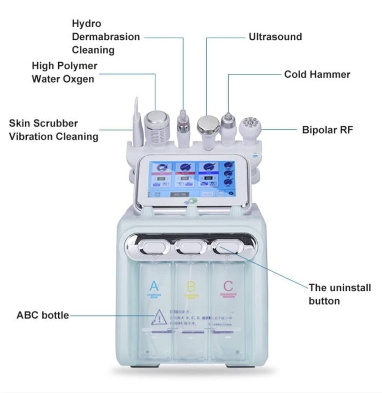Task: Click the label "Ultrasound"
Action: pyautogui.click(x=275, y=37)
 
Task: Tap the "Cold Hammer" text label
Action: pyautogui.click(x=317, y=74)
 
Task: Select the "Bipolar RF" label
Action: pyautogui.click(x=327, y=129)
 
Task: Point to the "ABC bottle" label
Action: pyautogui.click(x=43, y=315)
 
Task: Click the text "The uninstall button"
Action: pyautogui.click(x=339, y=294)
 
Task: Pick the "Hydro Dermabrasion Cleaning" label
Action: pyautogui.click(x=105, y=37)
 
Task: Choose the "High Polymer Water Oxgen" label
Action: pyautogui.click(x=64, y=72)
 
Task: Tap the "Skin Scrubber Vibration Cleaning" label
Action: pyautogui.click(x=54, y=130)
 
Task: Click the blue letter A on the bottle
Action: pyautogui.click(x=154, y=287)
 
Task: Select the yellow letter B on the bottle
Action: pyautogui.click(x=191, y=287)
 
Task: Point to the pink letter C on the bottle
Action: pyautogui.click(x=228, y=287)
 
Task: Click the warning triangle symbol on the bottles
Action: pyautogui.click(x=159, y=317)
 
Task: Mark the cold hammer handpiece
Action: pyautogui.click(x=228, y=128)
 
